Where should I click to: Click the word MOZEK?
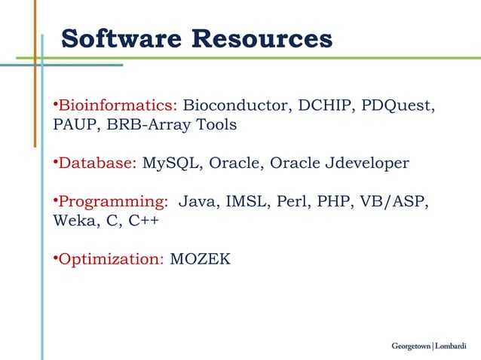coord(201,260)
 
